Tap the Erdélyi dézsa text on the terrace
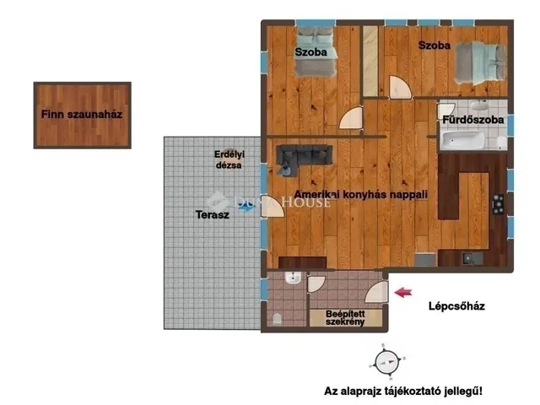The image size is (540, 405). [x=228, y=159]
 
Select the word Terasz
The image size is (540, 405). [x=212, y=215]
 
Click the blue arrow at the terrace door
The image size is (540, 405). [x=245, y=208]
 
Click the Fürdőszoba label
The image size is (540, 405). [x=473, y=121]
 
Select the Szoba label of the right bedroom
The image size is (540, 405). [x=435, y=45]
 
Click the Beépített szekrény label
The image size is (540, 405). [x=346, y=318]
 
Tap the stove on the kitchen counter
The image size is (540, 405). [x=497, y=203]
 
